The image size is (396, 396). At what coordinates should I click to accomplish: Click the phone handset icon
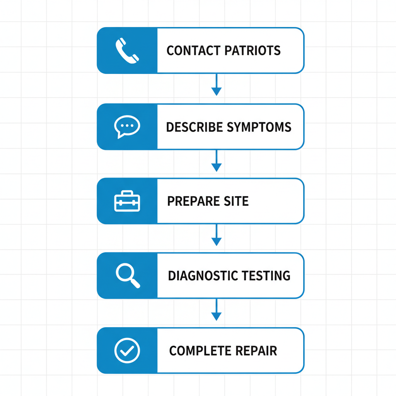click(127, 50)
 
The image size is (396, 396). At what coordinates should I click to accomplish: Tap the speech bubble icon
click(127, 127)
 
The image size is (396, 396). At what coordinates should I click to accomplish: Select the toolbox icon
click(127, 201)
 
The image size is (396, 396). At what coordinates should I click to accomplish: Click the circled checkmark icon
click(127, 350)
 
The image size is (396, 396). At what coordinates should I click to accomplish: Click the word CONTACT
click(188, 51)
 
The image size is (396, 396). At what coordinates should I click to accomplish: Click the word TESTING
click(266, 276)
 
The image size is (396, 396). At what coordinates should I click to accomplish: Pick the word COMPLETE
click(195, 351)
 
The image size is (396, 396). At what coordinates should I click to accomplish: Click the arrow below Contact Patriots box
click(217, 85)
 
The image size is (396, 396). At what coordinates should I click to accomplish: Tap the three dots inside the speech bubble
click(127, 126)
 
